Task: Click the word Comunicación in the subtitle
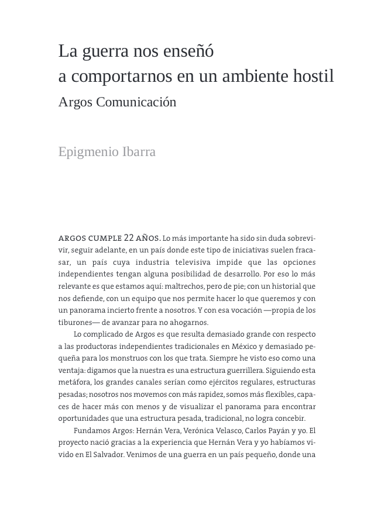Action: click(x=136, y=102)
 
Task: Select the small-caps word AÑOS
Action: click(x=148, y=238)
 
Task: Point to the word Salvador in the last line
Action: click(x=107, y=455)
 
